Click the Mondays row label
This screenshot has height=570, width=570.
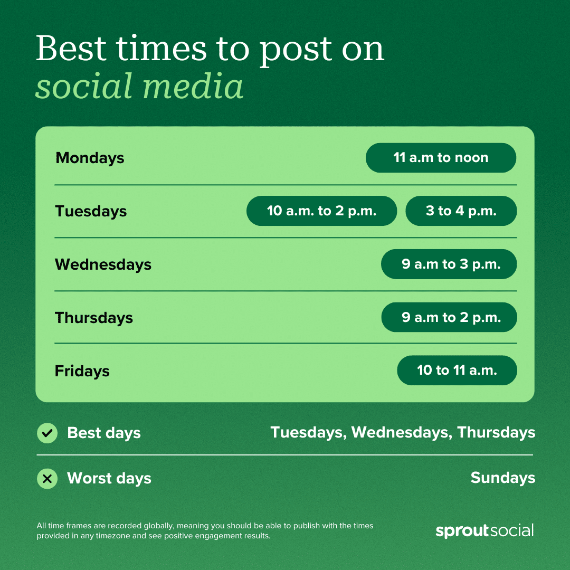(x=90, y=158)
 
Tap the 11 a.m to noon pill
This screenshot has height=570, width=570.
(x=441, y=158)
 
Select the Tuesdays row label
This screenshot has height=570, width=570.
(x=91, y=211)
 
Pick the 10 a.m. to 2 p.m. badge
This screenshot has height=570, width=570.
(x=321, y=211)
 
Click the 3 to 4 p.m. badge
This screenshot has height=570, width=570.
(x=461, y=211)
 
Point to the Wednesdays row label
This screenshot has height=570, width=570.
(x=103, y=264)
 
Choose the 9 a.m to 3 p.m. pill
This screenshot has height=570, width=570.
(x=449, y=264)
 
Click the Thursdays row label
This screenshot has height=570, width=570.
(x=94, y=318)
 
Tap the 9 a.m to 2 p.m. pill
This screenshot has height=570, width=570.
(x=449, y=318)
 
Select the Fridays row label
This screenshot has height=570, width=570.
(x=82, y=371)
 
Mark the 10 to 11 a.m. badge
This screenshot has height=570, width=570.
(x=457, y=370)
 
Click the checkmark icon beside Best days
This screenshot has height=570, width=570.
(x=47, y=433)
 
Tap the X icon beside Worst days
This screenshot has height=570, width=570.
(x=47, y=479)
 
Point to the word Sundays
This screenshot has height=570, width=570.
(x=502, y=478)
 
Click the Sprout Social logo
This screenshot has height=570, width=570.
(x=484, y=530)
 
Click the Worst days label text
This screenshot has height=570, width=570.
(x=109, y=479)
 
